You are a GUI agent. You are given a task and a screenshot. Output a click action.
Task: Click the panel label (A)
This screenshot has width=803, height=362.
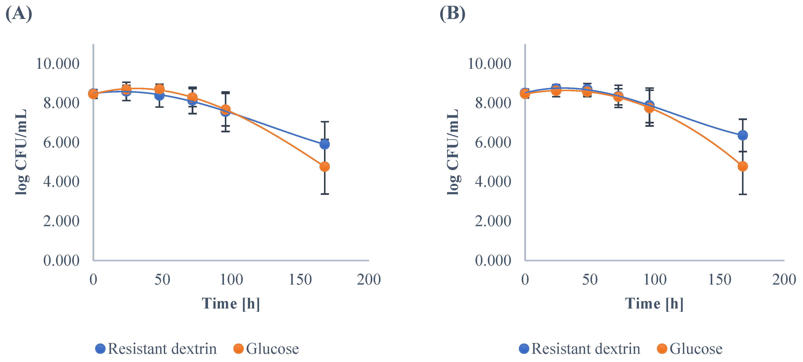pyautogui.click(x=19, y=14)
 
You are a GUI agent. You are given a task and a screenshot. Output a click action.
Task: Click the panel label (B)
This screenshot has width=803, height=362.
pyautogui.click(x=452, y=14)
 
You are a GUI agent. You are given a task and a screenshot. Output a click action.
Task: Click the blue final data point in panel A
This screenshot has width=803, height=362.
pyautogui.click(x=324, y=144)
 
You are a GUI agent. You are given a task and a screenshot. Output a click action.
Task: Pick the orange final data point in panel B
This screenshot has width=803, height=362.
pyautogui.click(x=743, y=166)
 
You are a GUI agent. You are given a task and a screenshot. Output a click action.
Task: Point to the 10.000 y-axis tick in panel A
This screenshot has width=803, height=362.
pyautogui.click(x=58, y=64)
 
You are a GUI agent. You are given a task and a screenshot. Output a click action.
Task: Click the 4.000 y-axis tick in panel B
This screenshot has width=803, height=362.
pyautogui.click(x=493, y=182)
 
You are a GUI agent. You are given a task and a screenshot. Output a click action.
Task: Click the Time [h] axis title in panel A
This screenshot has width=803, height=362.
pyautogui.click(x=231, y=303)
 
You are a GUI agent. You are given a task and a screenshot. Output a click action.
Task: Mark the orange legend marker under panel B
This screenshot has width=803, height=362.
pyautogui.click(x=662, y=349)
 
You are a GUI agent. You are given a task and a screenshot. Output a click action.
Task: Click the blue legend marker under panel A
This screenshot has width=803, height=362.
pyautogui.click(x=100, y=349)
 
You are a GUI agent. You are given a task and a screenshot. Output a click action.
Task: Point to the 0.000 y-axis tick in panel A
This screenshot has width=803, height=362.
pyautogui.click(x=61, y=261)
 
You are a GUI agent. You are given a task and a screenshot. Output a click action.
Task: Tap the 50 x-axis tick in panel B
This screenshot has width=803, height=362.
pyautogui.click(x=590, y=280)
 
